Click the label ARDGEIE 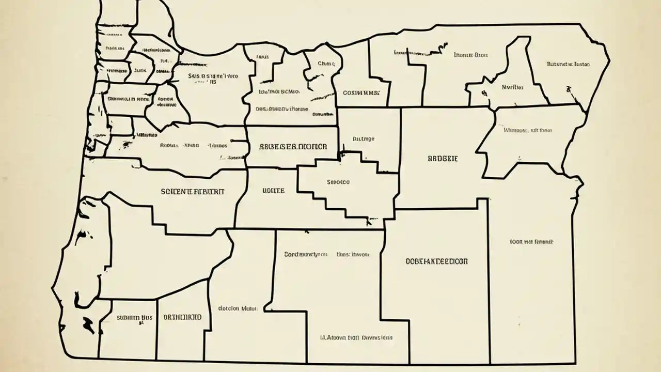443,159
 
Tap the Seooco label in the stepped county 338,182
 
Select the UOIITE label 273,191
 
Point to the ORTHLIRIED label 182,317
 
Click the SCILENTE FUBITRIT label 193,191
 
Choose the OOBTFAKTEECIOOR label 437,262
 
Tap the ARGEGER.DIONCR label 293,147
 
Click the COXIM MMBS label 361,94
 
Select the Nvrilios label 512,87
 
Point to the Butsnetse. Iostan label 568,65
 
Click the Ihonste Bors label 471,54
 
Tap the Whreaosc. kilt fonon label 527,130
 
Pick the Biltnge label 364,138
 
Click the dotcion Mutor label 237,308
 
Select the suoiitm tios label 134,317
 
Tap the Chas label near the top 326,64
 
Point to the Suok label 139,70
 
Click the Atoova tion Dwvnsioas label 356,337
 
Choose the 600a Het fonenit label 531,241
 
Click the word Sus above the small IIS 194,75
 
